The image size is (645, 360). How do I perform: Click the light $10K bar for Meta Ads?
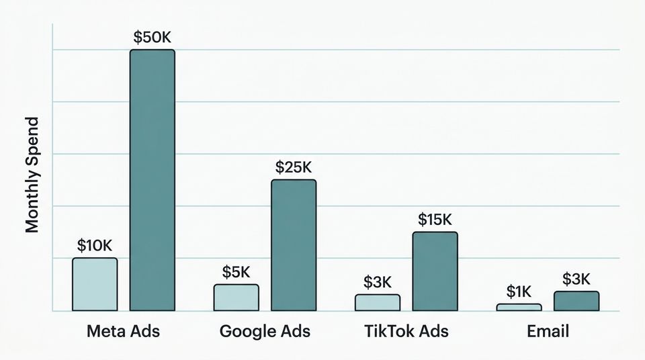[95, 284]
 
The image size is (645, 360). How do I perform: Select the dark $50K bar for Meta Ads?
[152, 180]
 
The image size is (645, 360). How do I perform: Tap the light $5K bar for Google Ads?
[236, 298]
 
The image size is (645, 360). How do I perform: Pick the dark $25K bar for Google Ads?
[293, 245]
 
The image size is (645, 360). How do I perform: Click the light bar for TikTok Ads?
[377, 302]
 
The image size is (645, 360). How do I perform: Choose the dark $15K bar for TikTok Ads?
[435, 271]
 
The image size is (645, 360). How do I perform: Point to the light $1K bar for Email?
[519, 307]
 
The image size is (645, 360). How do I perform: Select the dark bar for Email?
[576, 301]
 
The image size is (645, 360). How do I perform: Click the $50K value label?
[152, 38]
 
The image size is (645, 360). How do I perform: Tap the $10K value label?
[95, 246]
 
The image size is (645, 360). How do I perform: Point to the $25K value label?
[294, 167]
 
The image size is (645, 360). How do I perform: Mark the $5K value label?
[236, 272]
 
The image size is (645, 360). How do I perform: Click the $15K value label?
[435, 220]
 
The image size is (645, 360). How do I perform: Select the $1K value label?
[519, 291]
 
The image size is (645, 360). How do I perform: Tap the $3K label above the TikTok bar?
[378, 282]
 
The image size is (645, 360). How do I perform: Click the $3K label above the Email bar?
[576, 279]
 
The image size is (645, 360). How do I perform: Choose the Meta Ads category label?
[124, 331]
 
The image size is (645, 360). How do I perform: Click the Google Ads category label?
[265, 331]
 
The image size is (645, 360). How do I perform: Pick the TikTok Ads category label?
[406, 331]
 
